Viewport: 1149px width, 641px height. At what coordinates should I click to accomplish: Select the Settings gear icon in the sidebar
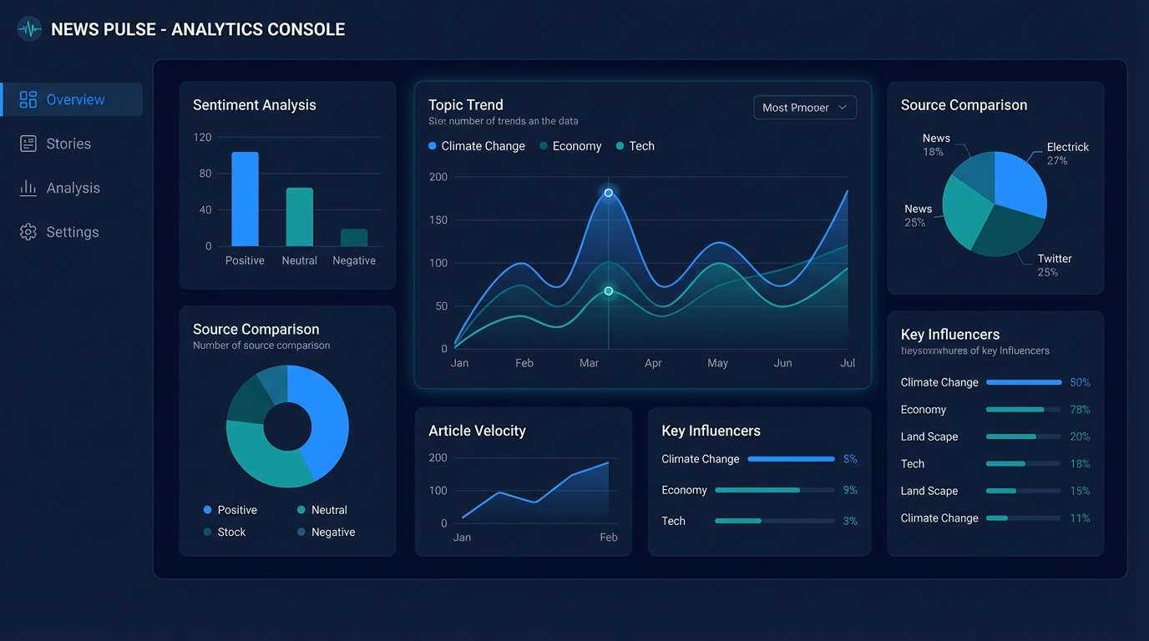pos(28,232)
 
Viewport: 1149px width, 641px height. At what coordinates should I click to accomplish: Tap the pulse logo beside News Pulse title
pos(29,29)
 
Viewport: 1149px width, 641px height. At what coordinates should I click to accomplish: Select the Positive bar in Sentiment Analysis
pos(245,199)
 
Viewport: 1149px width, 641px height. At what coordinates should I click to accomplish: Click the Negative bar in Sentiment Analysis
pos(354,237)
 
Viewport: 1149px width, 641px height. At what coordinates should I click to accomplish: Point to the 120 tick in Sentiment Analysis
pos(202,137)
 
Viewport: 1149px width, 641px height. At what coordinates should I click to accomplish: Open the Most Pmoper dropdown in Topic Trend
pos(804,108)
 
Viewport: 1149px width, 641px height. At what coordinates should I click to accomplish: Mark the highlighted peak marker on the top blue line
pos(608,193)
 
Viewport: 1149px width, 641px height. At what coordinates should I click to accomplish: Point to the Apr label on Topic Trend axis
pos(653,363)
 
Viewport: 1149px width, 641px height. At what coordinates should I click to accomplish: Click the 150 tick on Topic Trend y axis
pos(438,220)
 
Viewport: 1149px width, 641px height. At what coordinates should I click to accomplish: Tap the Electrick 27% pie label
pos(1066,153)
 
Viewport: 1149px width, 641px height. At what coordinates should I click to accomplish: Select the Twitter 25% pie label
pos(1054,265)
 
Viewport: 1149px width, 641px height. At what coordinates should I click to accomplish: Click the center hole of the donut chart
pos(287,427)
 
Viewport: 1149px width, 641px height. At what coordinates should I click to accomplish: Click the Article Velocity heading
pos(477,431)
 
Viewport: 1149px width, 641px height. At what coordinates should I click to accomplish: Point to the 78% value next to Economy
pos(1080,410)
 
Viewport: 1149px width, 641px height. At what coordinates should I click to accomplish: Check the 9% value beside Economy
pos(850,490)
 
